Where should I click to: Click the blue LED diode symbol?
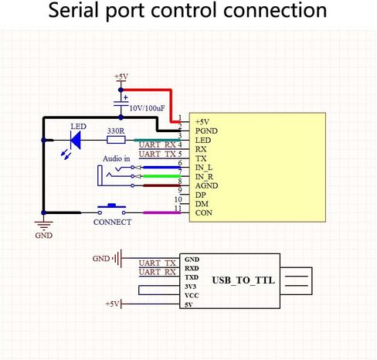pos(76,141)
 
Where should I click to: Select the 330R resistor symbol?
pos(116,140)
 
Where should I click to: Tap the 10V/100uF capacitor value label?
pos(147,108)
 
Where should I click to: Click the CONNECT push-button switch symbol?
pos(112,209)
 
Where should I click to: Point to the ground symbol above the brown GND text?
pos(44,225)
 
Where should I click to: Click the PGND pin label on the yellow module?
pos(206,131)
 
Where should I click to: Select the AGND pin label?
pos(207,185)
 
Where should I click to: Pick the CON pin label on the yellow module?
pos(204,213)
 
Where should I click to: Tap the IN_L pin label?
pos(204,168)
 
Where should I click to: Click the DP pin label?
pos(201,195)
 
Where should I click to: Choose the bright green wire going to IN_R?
pos(161,176)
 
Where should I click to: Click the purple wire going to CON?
pos(161,212)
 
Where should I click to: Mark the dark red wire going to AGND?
pos(161,185)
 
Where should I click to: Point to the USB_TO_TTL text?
pos(243,280)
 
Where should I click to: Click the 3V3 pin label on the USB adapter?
pos(190,287)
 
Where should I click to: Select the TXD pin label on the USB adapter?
pos(192,277)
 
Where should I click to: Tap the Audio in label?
pos(117,159)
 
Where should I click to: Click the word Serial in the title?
pos(73,10)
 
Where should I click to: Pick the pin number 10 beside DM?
pos(178,199)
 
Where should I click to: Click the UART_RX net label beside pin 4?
pos(158,144)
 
